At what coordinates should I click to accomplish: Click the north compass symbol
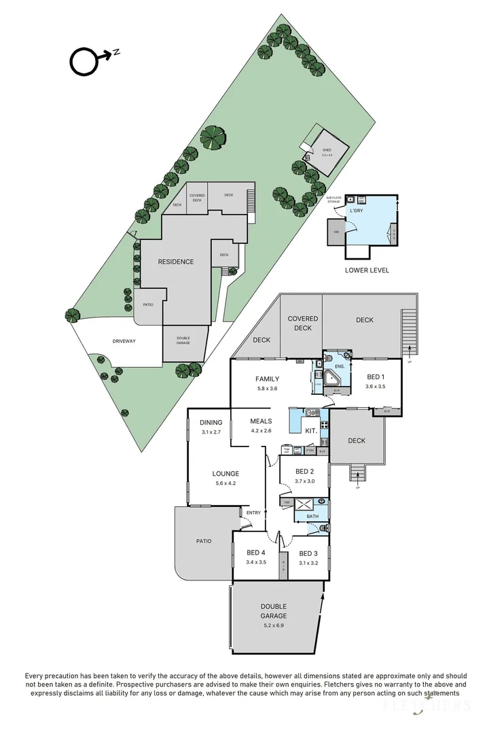coord(85,61)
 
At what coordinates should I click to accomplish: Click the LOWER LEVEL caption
coord(367,270)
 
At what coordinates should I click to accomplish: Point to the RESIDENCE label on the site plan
coord(176,262)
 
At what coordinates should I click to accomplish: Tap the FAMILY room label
coord(267,379)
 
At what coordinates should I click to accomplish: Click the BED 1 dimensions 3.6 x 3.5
coord(376,386)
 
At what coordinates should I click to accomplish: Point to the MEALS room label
coord(261,421)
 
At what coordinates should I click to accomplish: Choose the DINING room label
coord(211,423)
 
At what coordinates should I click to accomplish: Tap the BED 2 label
coord(304,471)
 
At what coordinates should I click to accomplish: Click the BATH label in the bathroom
coord(312,517)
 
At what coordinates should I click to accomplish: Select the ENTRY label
coord(253,512)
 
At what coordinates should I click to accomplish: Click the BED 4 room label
coord(255,553)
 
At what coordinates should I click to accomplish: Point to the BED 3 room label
coord(308,553)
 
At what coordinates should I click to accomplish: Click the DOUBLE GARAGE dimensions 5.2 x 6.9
coord(273,625)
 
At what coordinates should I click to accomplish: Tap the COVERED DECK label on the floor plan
coord(302,323)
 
